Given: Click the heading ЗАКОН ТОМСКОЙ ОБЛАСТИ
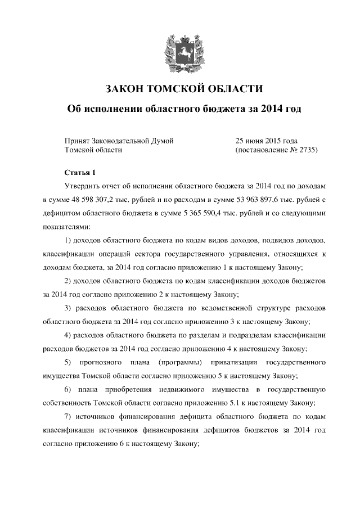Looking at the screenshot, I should pyautogui.click(x=184, y=88).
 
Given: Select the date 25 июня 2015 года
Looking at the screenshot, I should pyautogui.click(x=266, y=140).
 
